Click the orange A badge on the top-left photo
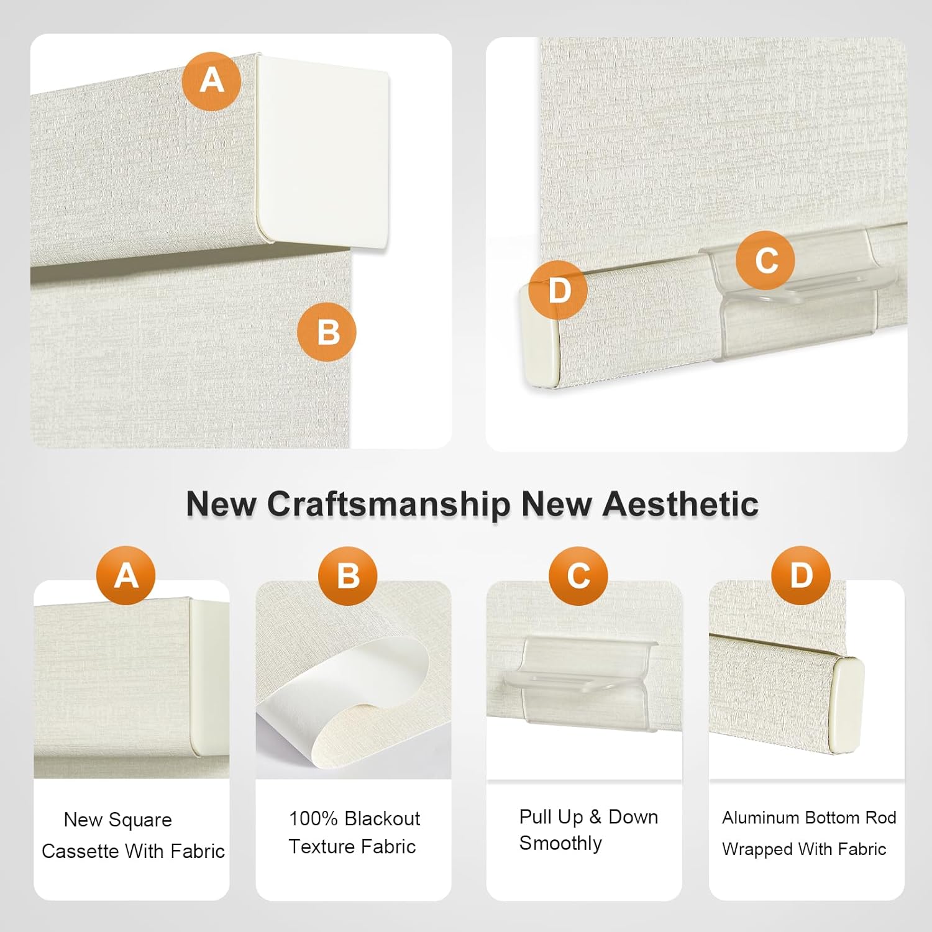211,81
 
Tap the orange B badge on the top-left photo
327,332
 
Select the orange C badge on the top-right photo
765,260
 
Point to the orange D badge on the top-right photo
558,290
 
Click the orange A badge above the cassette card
126,575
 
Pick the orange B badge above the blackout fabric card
348,576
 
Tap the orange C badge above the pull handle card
578,576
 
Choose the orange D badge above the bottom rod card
801,575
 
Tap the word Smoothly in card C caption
560,844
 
